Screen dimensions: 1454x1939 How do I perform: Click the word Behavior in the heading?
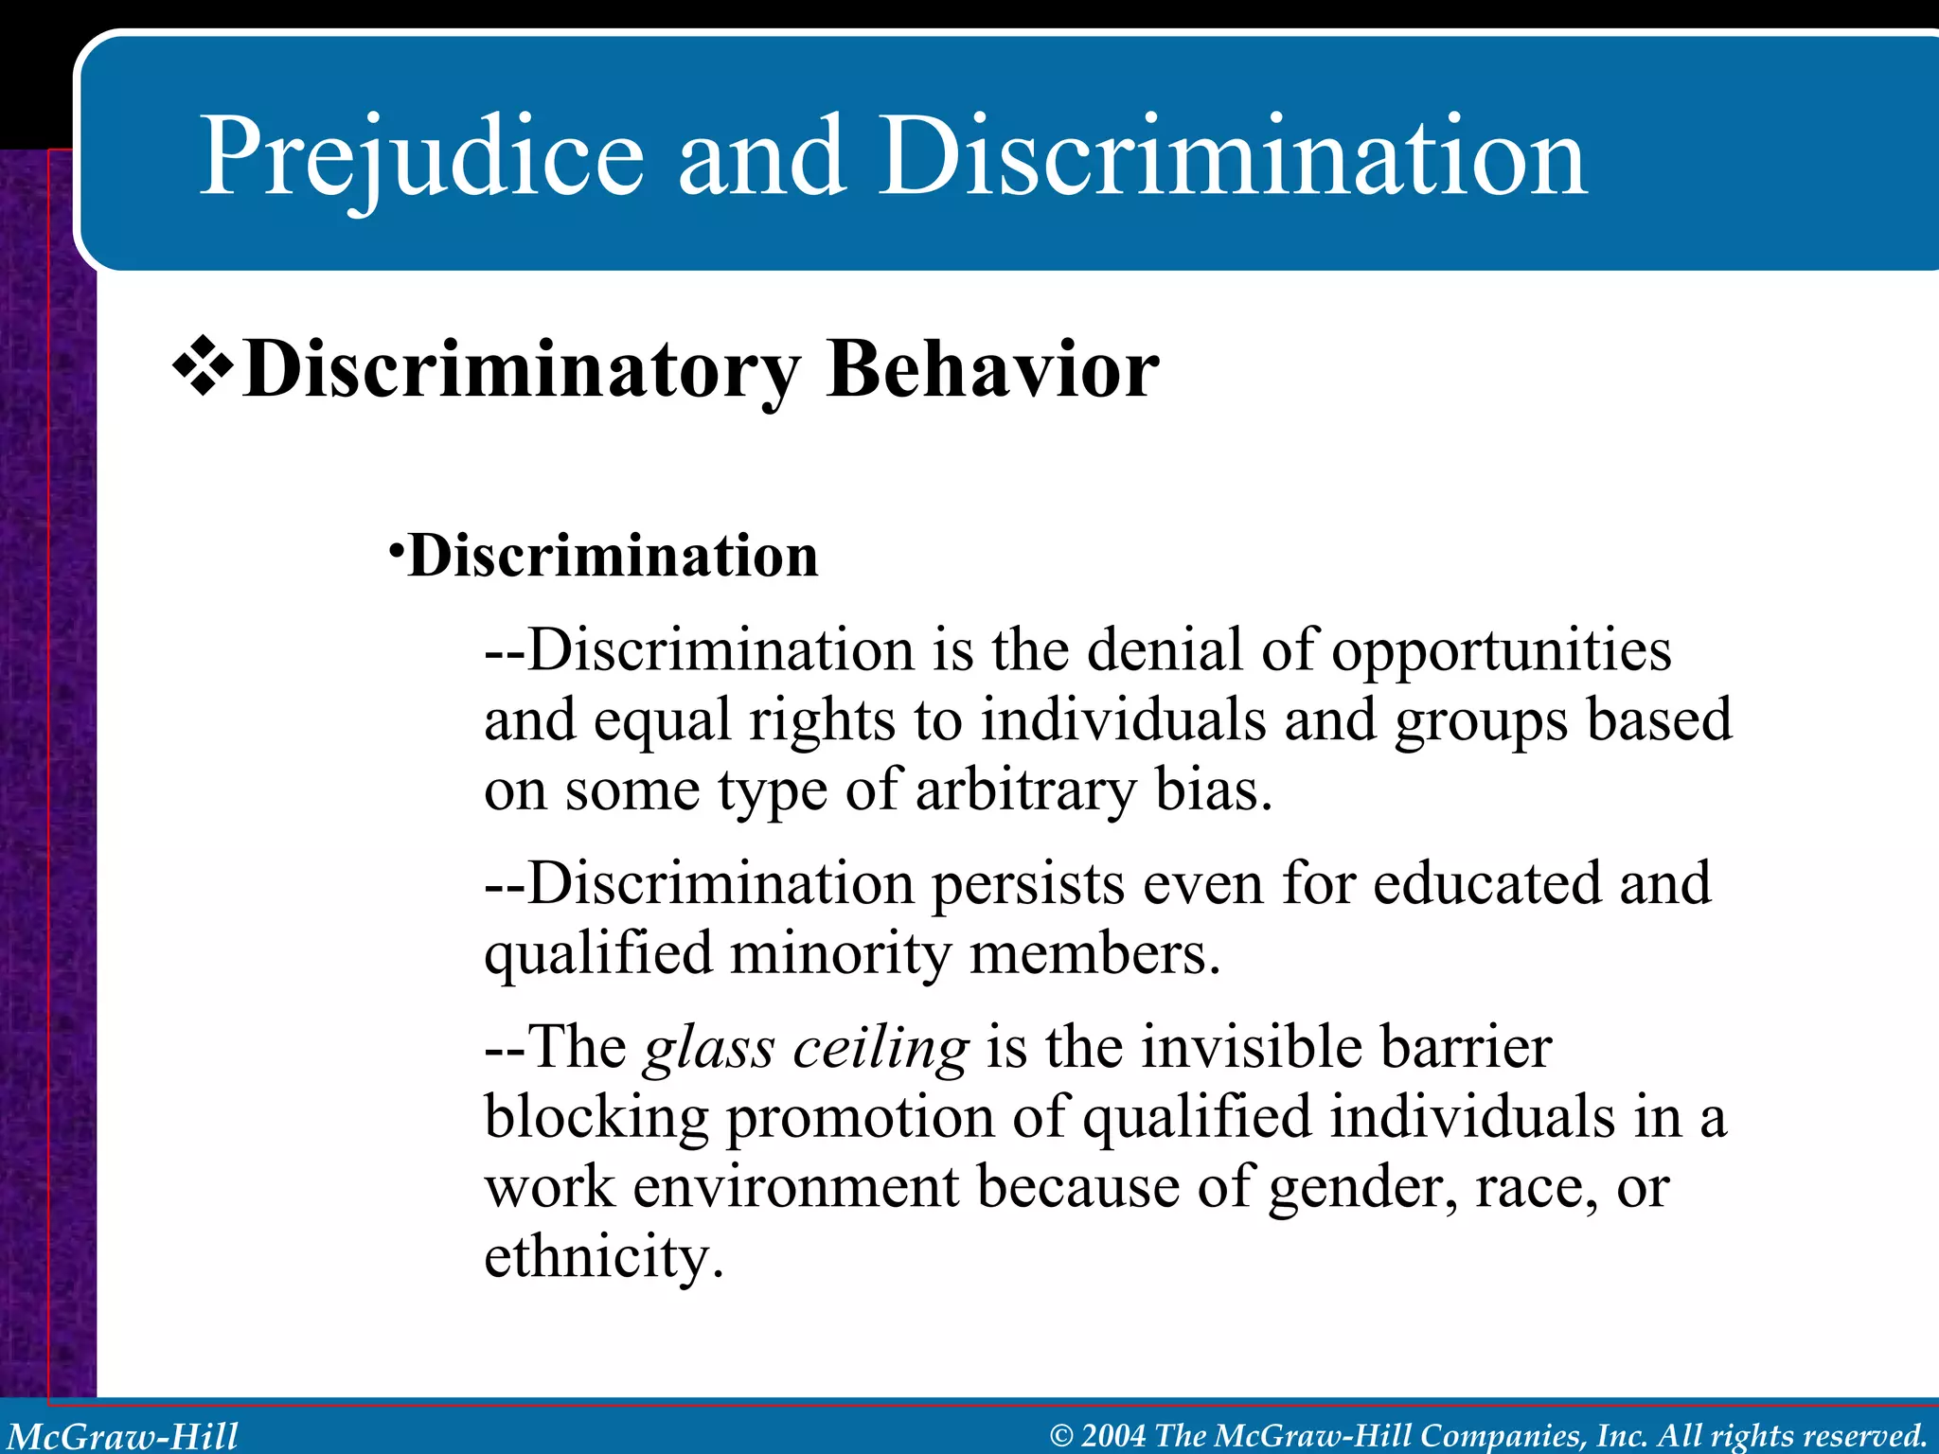pyautogui.click(x=992, y=369)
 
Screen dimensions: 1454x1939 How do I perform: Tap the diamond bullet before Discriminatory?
pyautogui.click(x=203, y=365)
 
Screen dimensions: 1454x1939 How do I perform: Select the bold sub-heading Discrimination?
pyautogui.click(x=613, y=556)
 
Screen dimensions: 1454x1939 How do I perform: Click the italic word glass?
pyautogui.click(x=709, y=1048)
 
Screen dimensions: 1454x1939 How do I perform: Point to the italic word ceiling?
pyautogui.click(x=881, y=1048)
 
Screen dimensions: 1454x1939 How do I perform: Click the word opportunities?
pyautogui.click(x=1502, y=651)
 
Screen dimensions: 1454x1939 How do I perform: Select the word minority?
pyautogui.click(x=840, y=953)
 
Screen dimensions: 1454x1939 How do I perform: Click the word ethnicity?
pyautogui.click(x=603, y=1257)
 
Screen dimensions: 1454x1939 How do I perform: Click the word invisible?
pyautogui.click(x=1252, y=1048)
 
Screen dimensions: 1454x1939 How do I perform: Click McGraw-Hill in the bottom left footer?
pyautogui.click(x=123, y=1436)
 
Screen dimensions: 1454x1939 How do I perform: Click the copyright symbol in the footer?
pyautogui.click(x=1061, y=1436)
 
